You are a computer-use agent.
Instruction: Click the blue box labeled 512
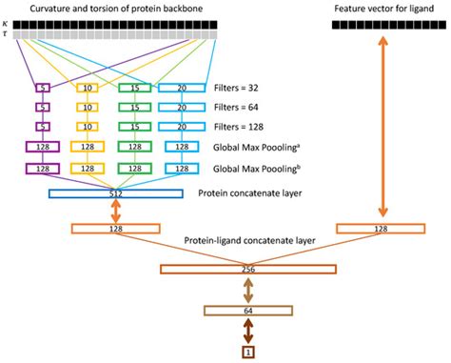point(115,193)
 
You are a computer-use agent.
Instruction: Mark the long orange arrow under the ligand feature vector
point(381,129)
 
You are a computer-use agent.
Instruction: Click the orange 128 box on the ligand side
point(381,229)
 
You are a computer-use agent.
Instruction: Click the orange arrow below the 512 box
point(116,211)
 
